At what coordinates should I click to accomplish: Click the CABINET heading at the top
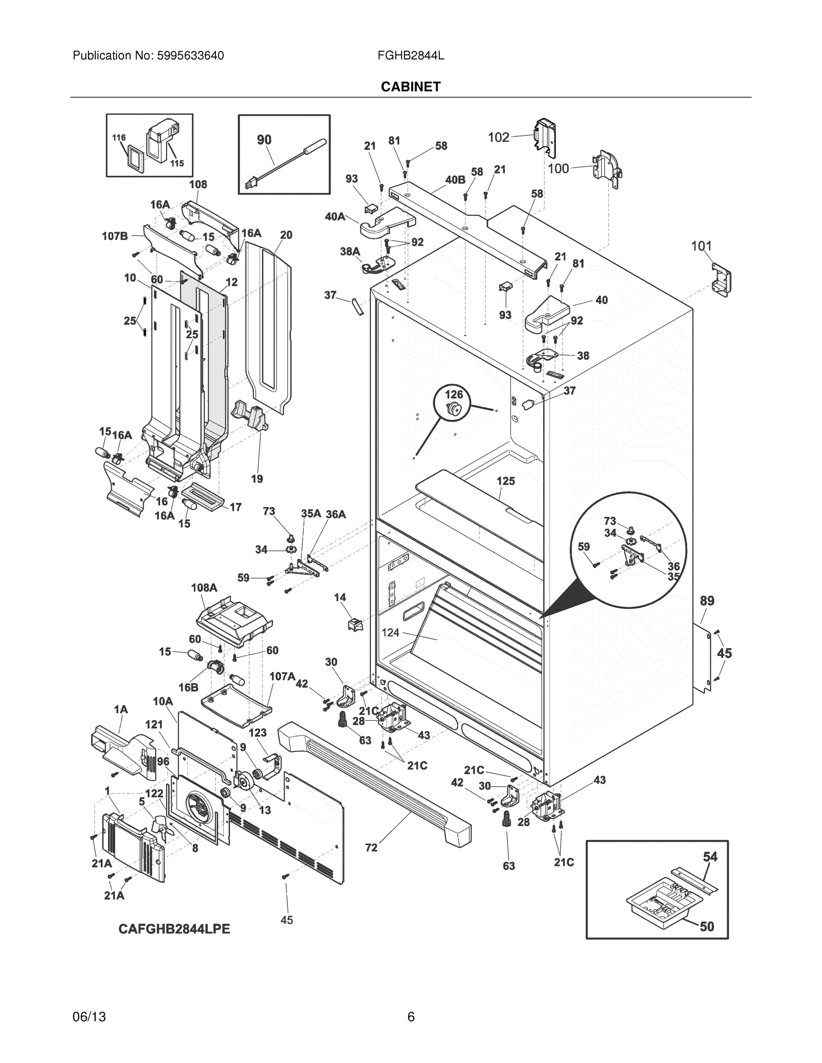tap(410, 87)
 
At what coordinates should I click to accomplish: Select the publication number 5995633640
tap(190, 56)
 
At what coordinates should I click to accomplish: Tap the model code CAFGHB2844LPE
tap(174, 929)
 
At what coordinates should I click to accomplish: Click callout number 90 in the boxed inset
tap(264, 140)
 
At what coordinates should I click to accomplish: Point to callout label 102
tap(499, 138)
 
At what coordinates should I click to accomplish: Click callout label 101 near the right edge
tap(701, 246)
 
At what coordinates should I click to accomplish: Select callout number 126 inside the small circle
tap(454, 394)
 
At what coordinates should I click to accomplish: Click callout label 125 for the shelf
tap(506, 481)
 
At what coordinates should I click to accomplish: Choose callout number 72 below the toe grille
tap(371, 848)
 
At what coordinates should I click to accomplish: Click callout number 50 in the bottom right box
tap(707, 927)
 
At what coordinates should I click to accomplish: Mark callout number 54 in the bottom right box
tap(710, 857)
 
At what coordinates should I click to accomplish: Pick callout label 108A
tap(204, 587)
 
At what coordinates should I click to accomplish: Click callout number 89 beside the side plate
tap(707, 601)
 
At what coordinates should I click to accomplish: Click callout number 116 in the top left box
tap(119, 138)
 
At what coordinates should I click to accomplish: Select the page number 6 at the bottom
tap(410, 1017)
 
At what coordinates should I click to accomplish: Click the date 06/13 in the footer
tap(89, 1017)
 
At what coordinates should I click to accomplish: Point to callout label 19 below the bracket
tap(257, 479)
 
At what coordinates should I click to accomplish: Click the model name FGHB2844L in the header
tap(410, 56)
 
